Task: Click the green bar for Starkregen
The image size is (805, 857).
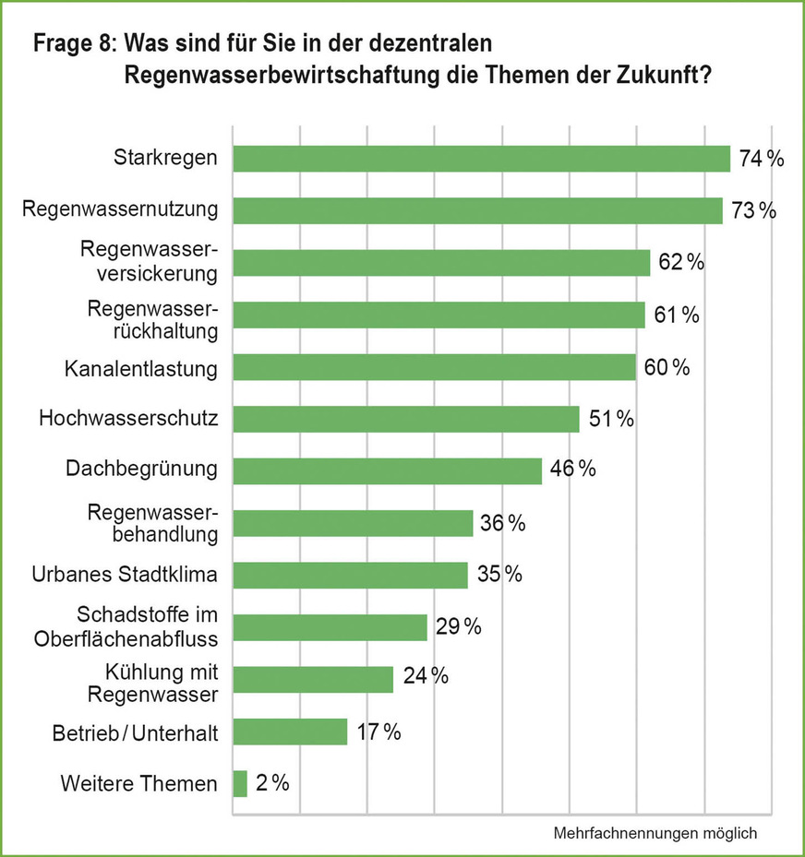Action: [481, 159]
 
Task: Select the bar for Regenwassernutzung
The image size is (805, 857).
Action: [477, 210]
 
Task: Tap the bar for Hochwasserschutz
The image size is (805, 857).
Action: [406, 419]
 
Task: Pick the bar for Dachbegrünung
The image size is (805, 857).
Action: [387, 470]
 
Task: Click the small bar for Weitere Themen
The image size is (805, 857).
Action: [240, 784]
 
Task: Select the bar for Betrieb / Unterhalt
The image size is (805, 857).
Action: [290, 732]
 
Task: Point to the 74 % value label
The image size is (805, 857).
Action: [762, 159]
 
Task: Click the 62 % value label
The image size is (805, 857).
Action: [681, 263]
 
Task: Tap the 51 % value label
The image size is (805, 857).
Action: [610, 419]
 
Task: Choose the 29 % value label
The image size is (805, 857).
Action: [459, 627]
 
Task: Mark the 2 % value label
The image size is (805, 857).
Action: [273, 784]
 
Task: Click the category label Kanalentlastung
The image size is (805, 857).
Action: [141, 369]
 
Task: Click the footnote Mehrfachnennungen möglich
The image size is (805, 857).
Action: [655, 833]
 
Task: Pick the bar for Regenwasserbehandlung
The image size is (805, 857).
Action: [353, 524]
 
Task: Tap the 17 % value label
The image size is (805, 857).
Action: [378, 732]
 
